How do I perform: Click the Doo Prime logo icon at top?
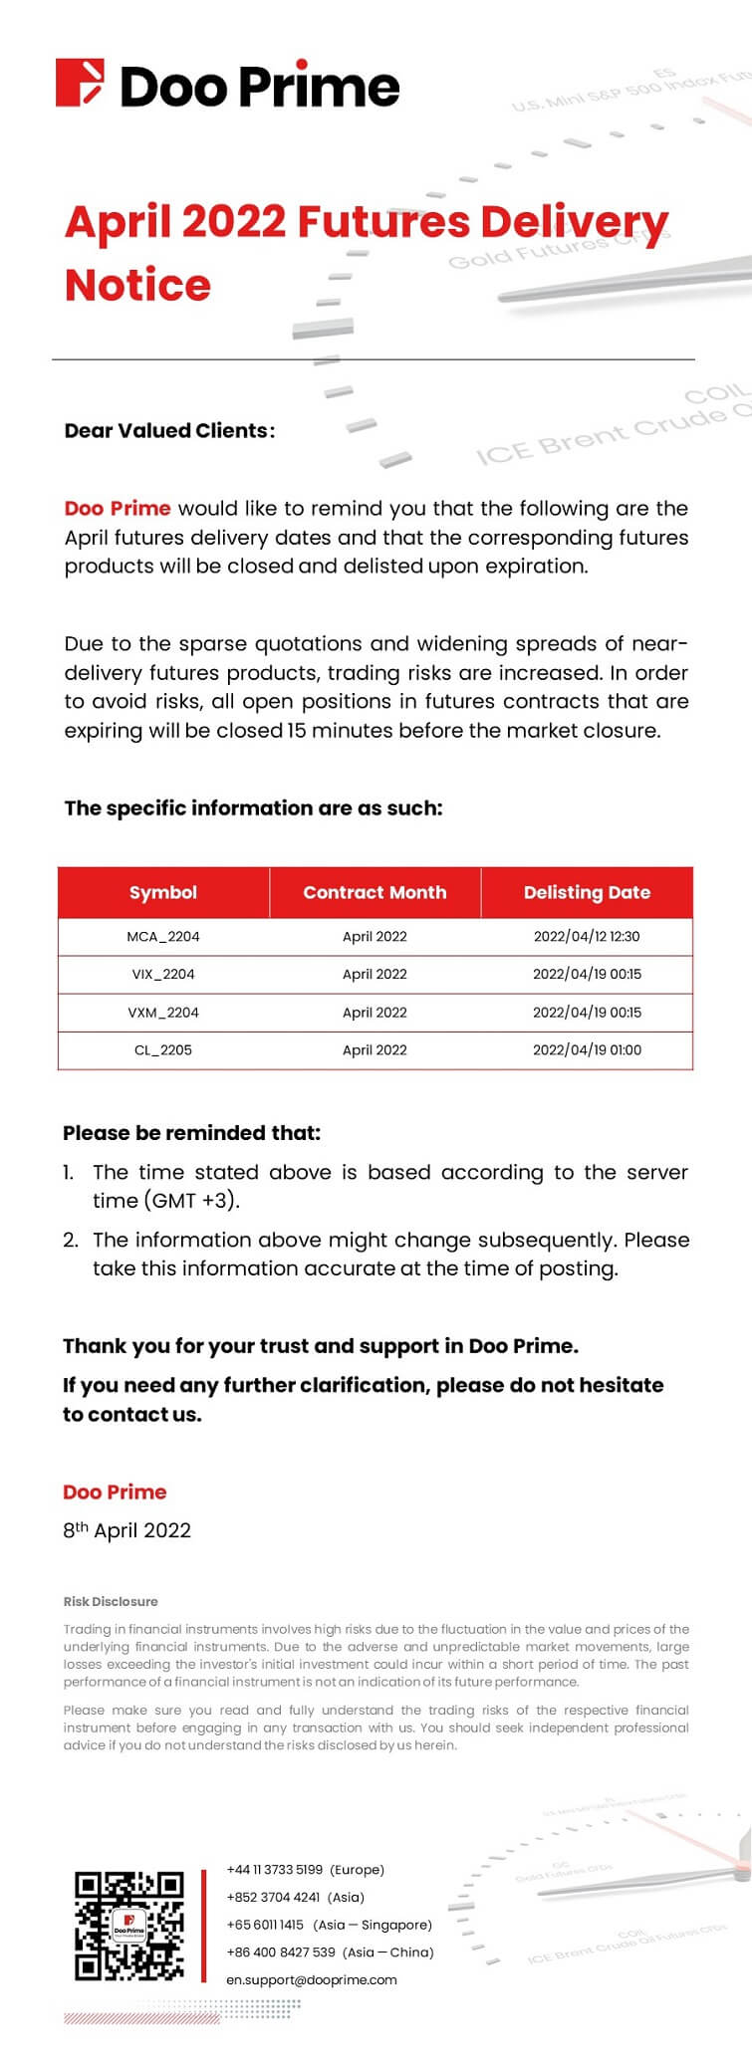click(x=81, y=84)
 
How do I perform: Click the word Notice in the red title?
click(x=137, y=285)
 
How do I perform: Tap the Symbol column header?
click(x=163, y=892)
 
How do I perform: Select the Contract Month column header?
click(x=375, y=892)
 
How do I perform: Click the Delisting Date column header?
click(x=587, y=892)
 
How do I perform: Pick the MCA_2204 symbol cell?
click(x=163, y=936)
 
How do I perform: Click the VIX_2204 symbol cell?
click(x=163, y=974)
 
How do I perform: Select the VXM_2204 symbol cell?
click(x=163, y=1013)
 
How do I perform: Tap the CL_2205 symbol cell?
click(x=163, y=1049)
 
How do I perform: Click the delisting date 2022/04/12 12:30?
click(x=587, y=936)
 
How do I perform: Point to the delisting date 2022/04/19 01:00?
click(x=587, y=1049)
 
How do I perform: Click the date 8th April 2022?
click(x=126, y=1530)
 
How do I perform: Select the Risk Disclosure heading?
click(x=111, y=1601)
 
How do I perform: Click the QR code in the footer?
click(x=129, y=1926)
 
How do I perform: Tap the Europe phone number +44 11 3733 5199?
click(x=275, y=1870)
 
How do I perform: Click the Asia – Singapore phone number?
click(x=265, y=1925)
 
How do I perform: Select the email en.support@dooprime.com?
click(x=312, y=1979)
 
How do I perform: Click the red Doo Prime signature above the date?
click(x=115, y=1492)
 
